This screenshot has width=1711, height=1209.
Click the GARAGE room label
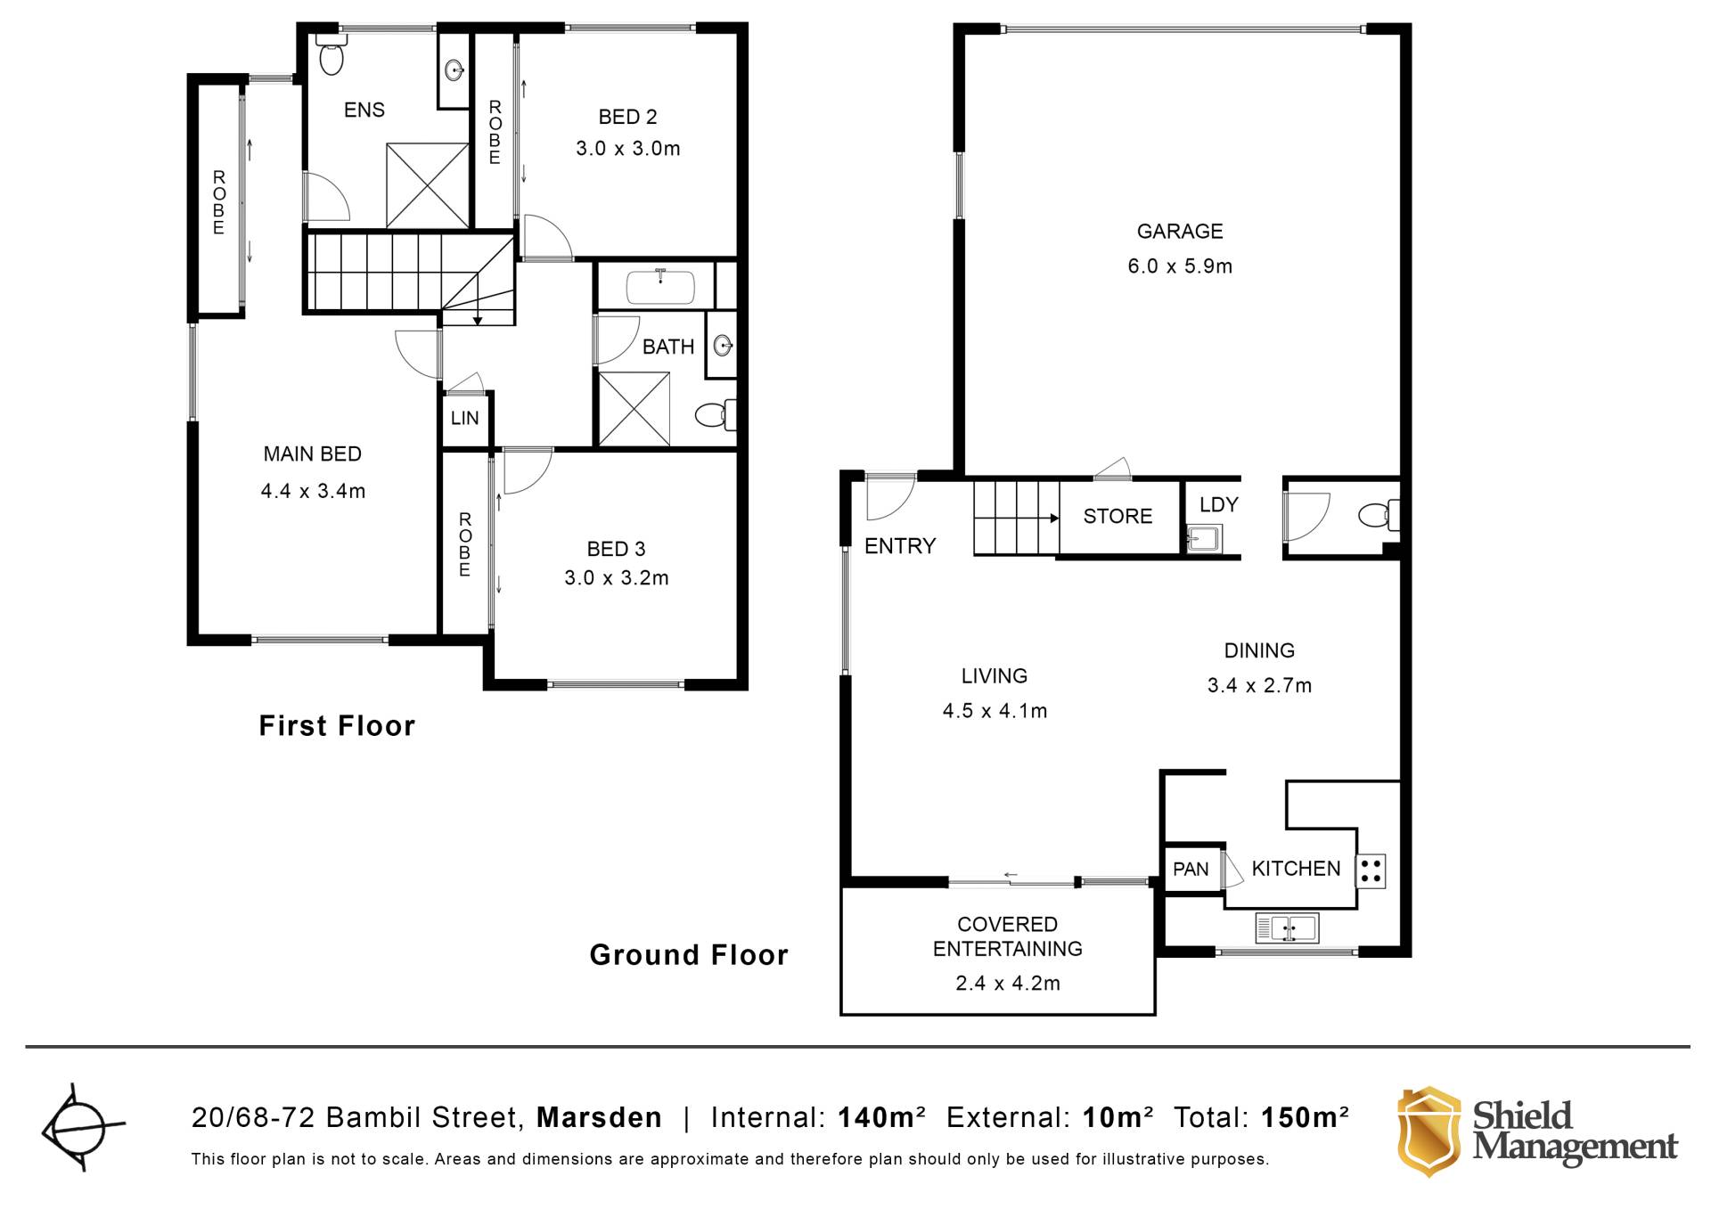tap(1180, 232)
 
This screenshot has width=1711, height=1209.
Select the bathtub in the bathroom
tap(660, 286)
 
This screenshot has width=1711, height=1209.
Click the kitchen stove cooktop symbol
tap(1371, 870)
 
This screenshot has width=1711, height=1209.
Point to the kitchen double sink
tap(1287, 928)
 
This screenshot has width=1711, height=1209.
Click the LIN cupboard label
tap(464, 418)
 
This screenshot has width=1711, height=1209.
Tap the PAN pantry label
tap(1191, 870)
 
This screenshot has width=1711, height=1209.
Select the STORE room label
tap(1117, 516)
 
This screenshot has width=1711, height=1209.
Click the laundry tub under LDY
tap(1204, 538)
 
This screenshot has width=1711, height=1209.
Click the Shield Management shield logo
tap(1429, 1131)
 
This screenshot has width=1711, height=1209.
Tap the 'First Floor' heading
tap(337, 726)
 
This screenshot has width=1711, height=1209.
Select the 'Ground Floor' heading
tap(689, 955)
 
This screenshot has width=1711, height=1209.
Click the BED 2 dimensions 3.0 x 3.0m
tap(628, 149)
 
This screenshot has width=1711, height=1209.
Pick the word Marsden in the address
tap(599, 1117)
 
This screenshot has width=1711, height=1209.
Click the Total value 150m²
tap(1305, 1117)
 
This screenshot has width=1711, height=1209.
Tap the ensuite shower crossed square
tap(428, 185)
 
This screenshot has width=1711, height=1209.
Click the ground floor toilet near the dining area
tap(1379, 514)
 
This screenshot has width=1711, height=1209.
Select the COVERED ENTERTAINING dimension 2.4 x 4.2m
tap(1008, 984)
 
